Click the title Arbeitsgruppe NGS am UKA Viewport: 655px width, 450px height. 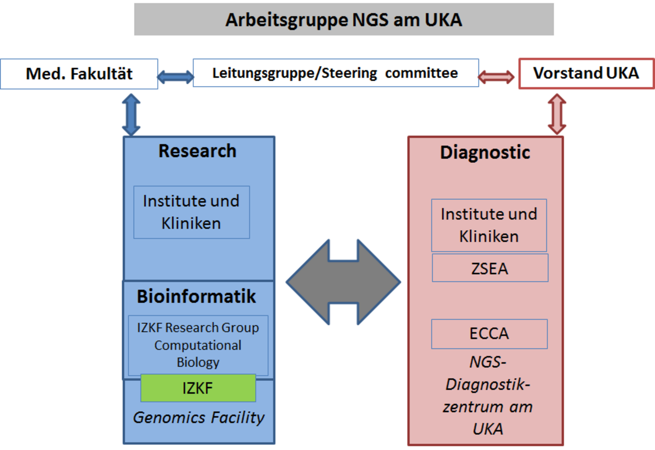[x=344, y=20]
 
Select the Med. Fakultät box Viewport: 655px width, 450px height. [x=79, y=74]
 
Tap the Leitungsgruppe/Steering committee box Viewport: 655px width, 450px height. [x=336, y=73]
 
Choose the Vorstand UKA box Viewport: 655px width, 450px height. [x=586, y=73]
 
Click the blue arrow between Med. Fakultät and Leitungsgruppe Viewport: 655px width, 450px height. [x=175, y=77]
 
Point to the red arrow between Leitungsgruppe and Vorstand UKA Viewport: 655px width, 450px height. [x=496, y=77]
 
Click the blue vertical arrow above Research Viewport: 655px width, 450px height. [x=131, y=114]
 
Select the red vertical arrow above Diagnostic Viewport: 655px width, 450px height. [x=557, y=114]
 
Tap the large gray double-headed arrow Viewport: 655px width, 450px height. [x=343, y=282]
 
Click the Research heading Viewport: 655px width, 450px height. [x=197, y=151]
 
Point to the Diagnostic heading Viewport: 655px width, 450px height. [x=485, y=153]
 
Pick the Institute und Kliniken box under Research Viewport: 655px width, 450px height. [x=191, y=212]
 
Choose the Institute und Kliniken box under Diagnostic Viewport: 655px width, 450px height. [x=489, y=225]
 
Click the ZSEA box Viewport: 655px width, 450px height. [x=490, y=268]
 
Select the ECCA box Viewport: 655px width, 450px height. [x=489, y=334]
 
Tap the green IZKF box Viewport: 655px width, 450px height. [x=198, y=388]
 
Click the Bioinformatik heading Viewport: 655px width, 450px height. [x=196, y=297]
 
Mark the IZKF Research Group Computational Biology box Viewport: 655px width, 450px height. [x=198, y=345]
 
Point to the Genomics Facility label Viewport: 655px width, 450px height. [x=199, y=418]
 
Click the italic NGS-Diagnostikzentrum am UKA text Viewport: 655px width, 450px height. [x=488, y=396]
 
